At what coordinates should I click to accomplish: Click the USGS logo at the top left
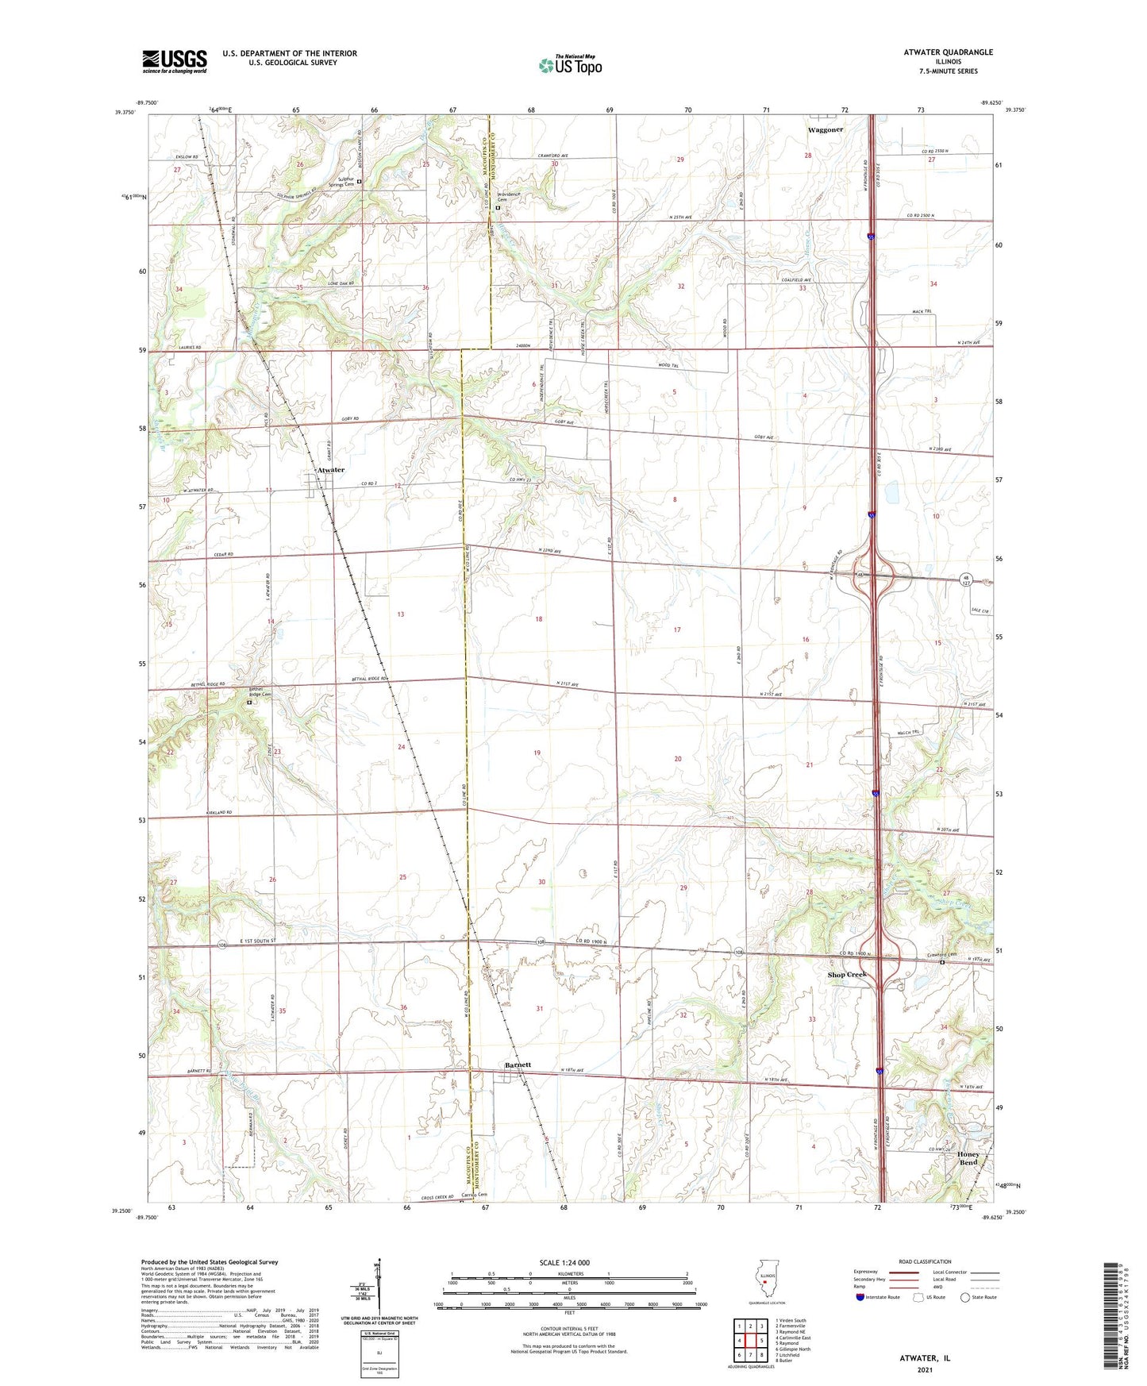click(x=175, y=60)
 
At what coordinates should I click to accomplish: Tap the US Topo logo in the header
click(x=570, y=64)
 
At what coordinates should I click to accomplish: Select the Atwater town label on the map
click(x=331, y=470)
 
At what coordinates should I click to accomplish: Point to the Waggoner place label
click(x=826, y=129)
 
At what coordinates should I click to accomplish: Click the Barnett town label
click(x=518, y=1065)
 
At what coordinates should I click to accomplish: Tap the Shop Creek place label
click(x=847, y=975)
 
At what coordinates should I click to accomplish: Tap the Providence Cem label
click(x=508, y=197)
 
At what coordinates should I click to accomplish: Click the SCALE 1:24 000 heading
click(x=564, y=1262)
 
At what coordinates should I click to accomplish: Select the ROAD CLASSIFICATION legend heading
click(x=925, y=1261)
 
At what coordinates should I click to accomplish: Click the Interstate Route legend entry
click(x=878, y=1297)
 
